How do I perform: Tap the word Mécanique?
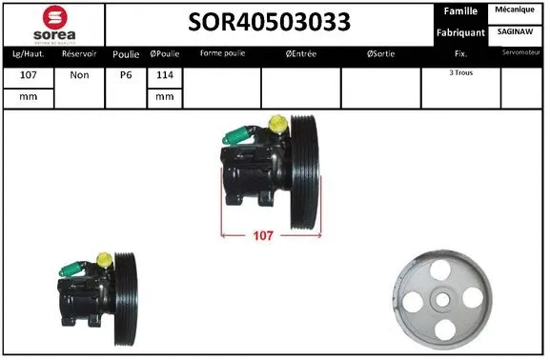[x=516, y=10]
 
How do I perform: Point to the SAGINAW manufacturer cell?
[x=516, y=32]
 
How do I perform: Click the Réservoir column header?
[x=79, y=54]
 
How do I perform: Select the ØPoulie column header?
[x=165, y=54]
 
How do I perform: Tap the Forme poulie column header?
[x=220, y=54]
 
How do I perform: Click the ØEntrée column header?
[x=301, y=54]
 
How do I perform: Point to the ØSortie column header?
[x=381, y=54]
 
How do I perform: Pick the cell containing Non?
[x=79, y=74]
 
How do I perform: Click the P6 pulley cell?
[x=126, y=74]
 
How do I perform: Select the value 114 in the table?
[x=165, y=74]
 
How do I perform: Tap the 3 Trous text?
[x=460, y=72]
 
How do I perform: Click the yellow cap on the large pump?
[x=276, y=124]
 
